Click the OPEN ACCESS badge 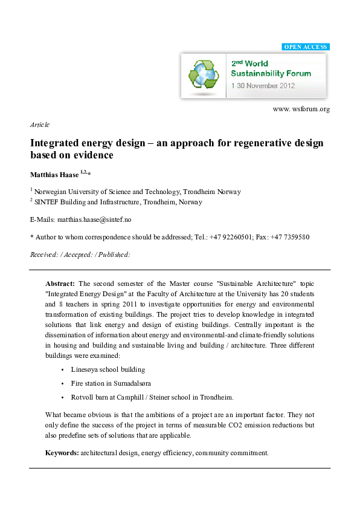click(x=306, y=47)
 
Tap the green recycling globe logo click(x=202, y=75)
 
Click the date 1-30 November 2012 click(x=263, y=86)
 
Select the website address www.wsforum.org click(x=301, y=109)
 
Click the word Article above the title click(x=39, y=125)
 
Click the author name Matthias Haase click(x=55, y=175)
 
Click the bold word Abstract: click(x=60, y=283)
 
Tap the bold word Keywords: click(x=62, y=452)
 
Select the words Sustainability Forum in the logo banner click(x=271, y=74)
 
